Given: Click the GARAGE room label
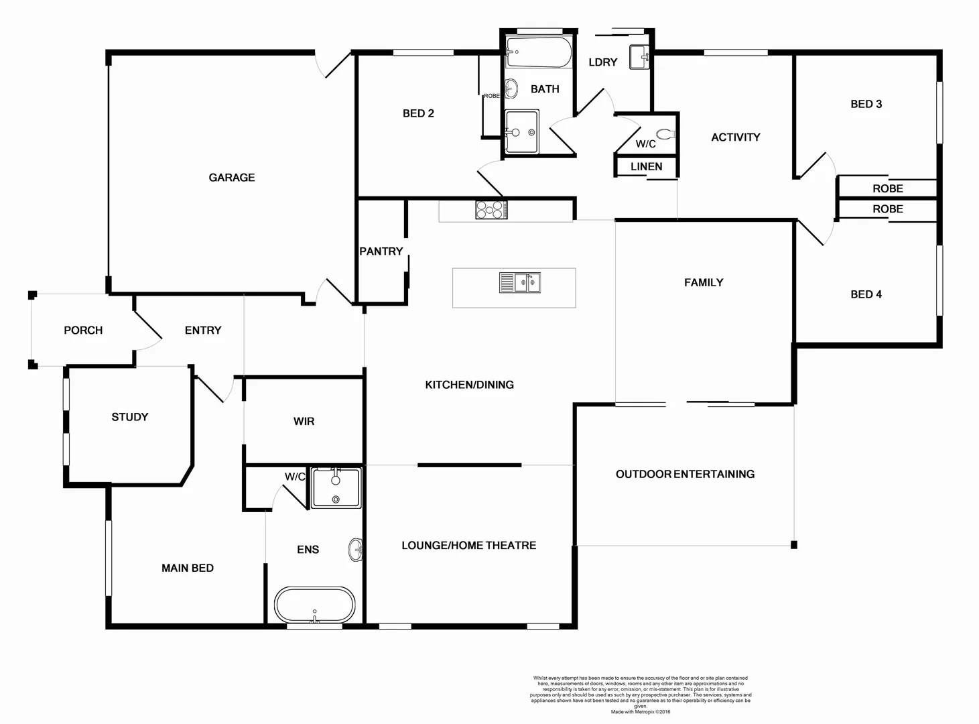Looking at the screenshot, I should pyautogui.click(x=232, y=178).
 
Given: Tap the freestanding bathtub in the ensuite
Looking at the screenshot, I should pyautogui.click(x=314, y=605).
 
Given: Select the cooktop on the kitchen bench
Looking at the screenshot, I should pyautogui.click(x=491, y=210).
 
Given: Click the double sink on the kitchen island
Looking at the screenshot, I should pyautogui.click(x=520, y=283).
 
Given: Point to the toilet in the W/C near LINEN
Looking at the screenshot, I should pyautogui.click(x=667, y=134).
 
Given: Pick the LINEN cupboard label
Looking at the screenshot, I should pyautogui.click(x=646, y=166).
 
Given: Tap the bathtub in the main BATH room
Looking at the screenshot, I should pyautogui.click(x=539, y=52).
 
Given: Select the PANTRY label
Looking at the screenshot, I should pyautogui.click(x=381, y=251).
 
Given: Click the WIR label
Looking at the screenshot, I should pyautogui.click(x=304, y=422).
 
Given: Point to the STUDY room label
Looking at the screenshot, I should pyautogui.click(x=130, y=417).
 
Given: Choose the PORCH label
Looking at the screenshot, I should pyautogui.click(x=83, y=330).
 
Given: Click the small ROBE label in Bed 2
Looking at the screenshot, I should pyautogui.click(x=491, y=96).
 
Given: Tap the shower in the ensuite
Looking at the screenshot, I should pyautogui.click(x=336, y=487).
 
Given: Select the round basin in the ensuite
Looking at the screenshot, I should pyautogui.click(x=355, y=550).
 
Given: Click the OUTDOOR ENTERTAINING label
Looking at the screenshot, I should pyautogui.click(x=685, y=474).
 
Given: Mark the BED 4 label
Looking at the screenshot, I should pyautogui.click(x=866, y=294).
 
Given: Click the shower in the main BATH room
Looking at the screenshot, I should pyautogui.click(x=521, y=131).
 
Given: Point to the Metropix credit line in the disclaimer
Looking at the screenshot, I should pyautogui.click(x=640, y=712).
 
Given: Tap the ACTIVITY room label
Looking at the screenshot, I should pyautogui.click(x=735, y=137).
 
